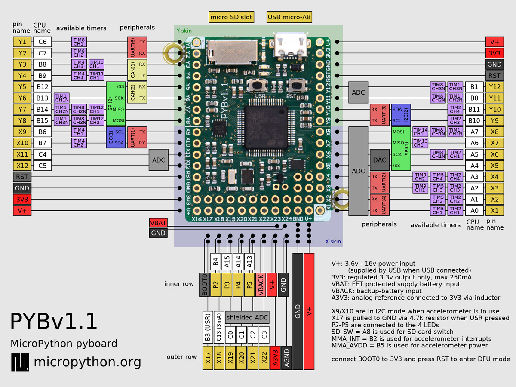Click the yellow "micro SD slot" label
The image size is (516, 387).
pos(231,17)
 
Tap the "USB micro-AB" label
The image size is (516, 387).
pos(289,17)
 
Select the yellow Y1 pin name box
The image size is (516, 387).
pos(22,42)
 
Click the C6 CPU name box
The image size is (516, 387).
pos(43,42)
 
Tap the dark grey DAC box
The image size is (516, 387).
pos(380,160)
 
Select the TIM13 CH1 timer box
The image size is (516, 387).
pos(420,143)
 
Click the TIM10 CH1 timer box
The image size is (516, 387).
pos(96,64)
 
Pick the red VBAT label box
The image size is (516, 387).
pos(158,223)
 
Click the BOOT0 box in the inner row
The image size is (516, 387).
pos(205,284)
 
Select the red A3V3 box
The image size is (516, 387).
pos(275,357)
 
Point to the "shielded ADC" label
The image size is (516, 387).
pos(247,318)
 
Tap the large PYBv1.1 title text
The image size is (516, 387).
pos(54,321)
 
